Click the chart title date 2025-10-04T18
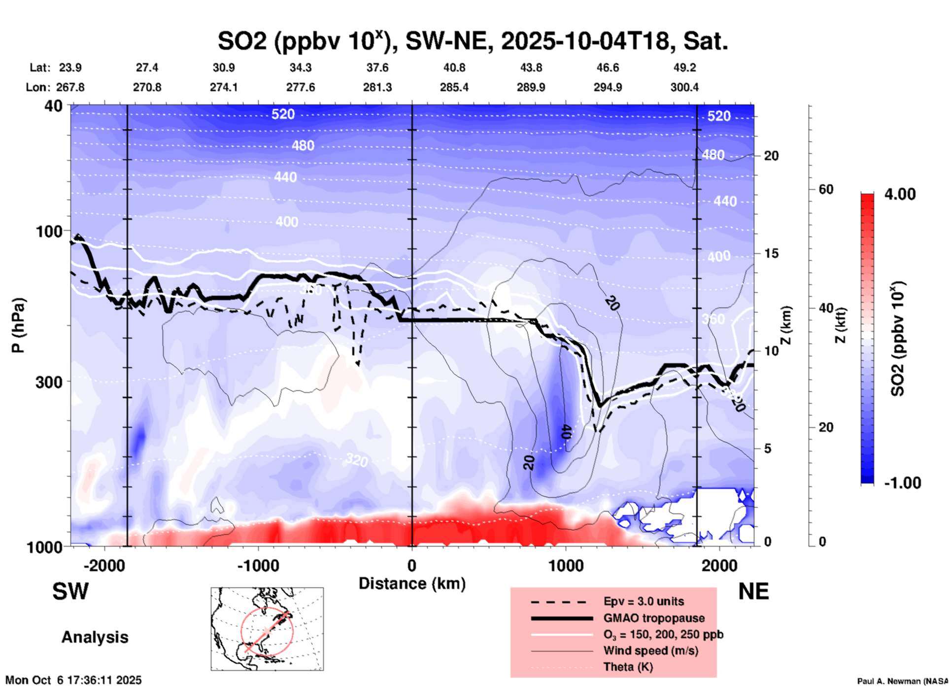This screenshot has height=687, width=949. pyautogui.click(x=586, y=41)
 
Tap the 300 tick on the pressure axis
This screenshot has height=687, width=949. pyautogui.click(x=49, y=382)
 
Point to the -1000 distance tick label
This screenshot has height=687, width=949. pyautogui.click(x=258, y=566)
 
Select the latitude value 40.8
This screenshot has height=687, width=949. pyautogui.click(x=454, y=68)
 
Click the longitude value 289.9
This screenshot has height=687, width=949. pyautogui.click(x=531, y=87)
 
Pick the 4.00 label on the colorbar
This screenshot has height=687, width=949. pyautogui.click(x=900, y=194)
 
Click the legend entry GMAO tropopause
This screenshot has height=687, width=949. pyautogui.click(x=654, y=618)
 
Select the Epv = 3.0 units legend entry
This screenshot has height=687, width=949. pyautogui.click(x=644, y=601)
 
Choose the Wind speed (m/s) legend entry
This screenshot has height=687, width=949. pyautogui.click(x=650, y=651)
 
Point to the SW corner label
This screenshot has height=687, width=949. pyautogui.click(x=70, y=591)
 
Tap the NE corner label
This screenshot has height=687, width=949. pyautogui.click(x=753, y=591)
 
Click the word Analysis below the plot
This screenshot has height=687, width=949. pyautogui.click(x=95, y=637)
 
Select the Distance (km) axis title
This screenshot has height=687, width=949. pyautogui.click(x=412, y=584)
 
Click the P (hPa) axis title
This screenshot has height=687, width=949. pyautogui.click(x=18, y=325)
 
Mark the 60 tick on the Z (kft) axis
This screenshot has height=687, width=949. pyautogui.click(x=826, y=189)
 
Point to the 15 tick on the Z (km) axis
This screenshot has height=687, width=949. pyautogui.click(x=771, y=253)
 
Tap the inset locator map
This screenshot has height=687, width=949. pyautogui.click(x=267, y=628)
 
